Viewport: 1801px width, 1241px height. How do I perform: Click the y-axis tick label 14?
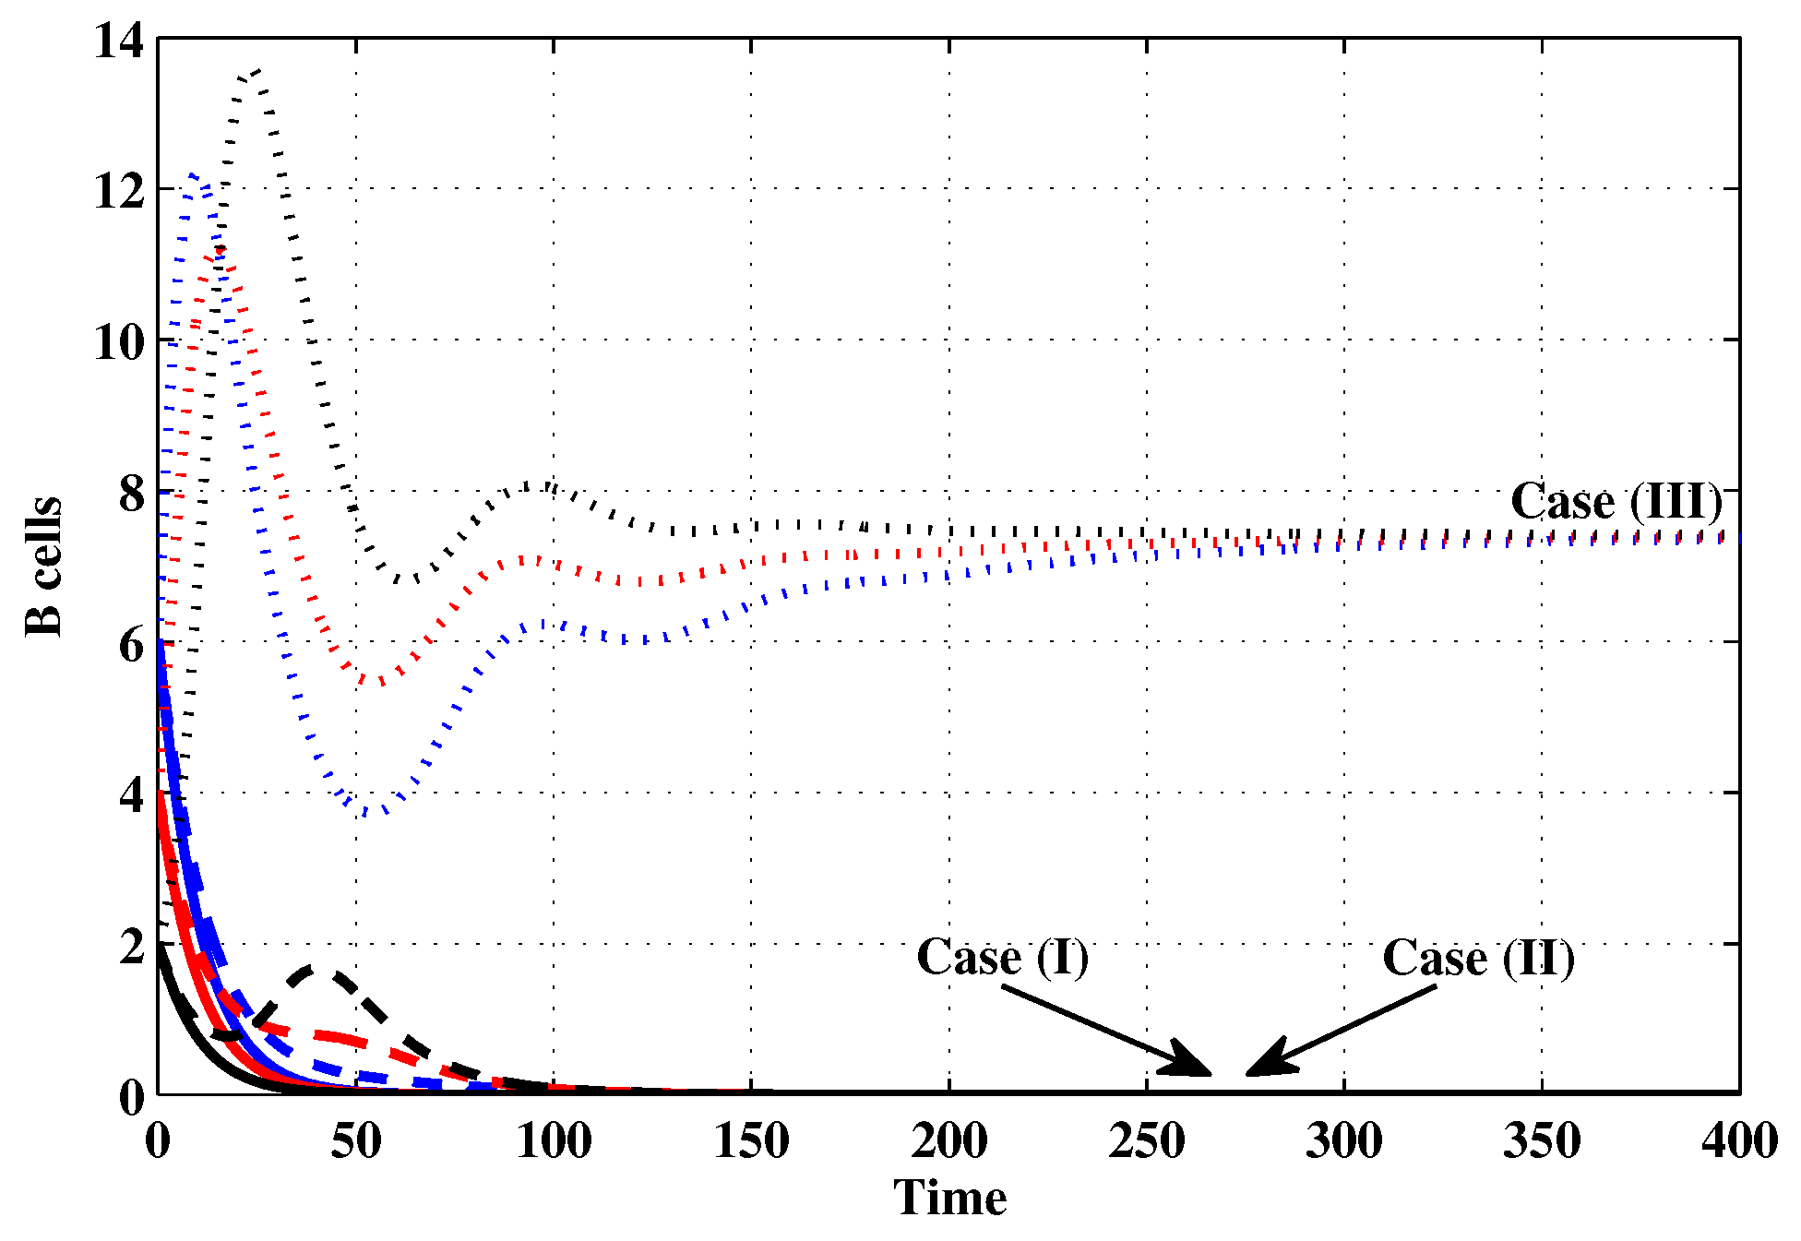pos(119,42)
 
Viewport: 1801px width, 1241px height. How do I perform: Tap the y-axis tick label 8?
pos(132,495)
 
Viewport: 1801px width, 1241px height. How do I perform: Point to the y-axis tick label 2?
pos(132,948)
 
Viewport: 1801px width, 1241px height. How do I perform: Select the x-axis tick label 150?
pos(751,1141)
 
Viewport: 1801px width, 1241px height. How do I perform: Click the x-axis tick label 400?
pos(1739,1141)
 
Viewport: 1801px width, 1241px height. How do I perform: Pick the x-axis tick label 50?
pos(356,1141)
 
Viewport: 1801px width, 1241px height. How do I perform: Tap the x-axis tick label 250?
pos(1146,1141)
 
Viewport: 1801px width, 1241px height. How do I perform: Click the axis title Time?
pos(949,1199)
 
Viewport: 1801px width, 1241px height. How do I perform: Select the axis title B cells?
pos(43,566)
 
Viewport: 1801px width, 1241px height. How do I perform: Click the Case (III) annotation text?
pos(1616,502)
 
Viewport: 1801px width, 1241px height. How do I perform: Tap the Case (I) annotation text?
pos(1002,957)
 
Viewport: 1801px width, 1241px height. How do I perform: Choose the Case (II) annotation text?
pos(1477,958)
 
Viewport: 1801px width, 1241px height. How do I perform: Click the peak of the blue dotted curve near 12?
pos(193,174)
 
